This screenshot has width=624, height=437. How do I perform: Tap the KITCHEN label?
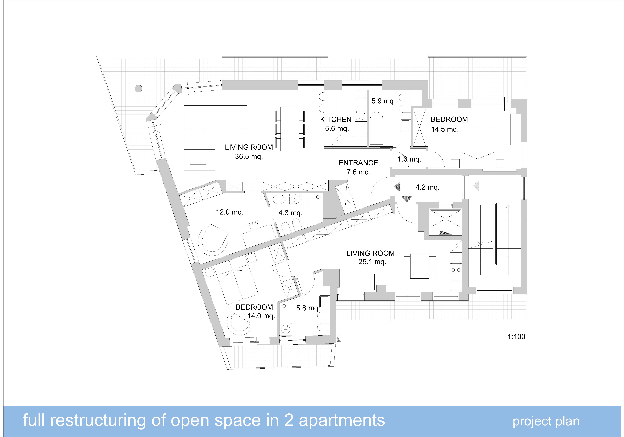(x=336, y=119)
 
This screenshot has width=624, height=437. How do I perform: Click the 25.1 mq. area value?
(x=372, y=262)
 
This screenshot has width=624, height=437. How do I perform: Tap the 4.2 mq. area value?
(x=428, y=187)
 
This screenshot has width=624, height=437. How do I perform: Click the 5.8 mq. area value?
(x=308, y=308)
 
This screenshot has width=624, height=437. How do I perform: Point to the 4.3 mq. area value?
(x=290, y=213)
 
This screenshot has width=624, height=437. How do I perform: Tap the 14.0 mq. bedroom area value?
(x=261, y=316)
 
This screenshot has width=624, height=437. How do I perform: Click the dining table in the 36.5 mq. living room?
(x=290, y=129)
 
